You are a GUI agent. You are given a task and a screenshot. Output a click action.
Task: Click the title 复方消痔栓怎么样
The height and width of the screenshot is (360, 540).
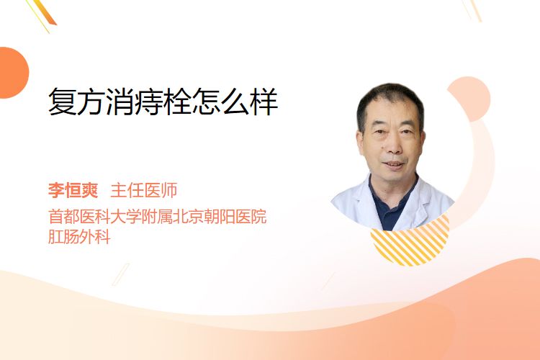click(x=163, y=102)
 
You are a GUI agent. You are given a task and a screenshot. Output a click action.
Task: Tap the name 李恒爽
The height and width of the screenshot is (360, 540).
click(x=73, y=191)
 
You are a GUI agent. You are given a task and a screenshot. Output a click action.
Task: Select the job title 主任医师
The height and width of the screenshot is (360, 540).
click(x=143, y=191)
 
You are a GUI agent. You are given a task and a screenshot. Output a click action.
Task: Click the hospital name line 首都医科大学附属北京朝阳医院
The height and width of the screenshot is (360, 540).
click(x=158, y=217)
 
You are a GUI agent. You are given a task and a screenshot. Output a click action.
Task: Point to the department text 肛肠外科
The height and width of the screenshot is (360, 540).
click(x=79, y=237)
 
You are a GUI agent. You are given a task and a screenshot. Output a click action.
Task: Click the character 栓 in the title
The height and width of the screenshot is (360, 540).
click(x=177, y=102)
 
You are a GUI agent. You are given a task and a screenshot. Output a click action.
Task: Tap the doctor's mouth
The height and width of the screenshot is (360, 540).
click(x=394, y=164)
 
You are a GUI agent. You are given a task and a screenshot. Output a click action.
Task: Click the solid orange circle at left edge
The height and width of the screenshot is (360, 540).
click(x=13, y=73)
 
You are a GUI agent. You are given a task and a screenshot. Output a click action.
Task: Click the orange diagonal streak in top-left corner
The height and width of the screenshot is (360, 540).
click(x=45, y=13)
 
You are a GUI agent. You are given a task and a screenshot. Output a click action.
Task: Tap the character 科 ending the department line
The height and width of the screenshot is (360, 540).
click(x=103, y=237)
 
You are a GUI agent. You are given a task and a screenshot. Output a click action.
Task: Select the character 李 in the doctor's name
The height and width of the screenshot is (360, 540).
click(x=56, y=191)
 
